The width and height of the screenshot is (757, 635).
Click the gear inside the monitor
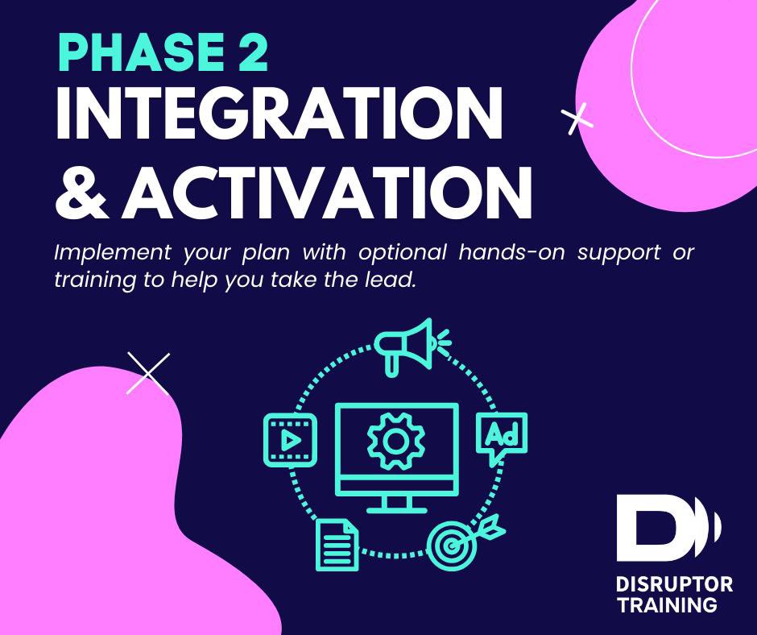(x=395, y=441)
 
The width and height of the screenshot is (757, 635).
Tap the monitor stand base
(x=395, y=508)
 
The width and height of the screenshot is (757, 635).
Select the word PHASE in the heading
(x=132, y=54)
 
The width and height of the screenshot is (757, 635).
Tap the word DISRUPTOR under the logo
(x=673, y=584)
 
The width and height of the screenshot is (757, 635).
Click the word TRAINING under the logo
(x=665, y=604)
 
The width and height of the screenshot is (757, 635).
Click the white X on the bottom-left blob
(x=149, y=374)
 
